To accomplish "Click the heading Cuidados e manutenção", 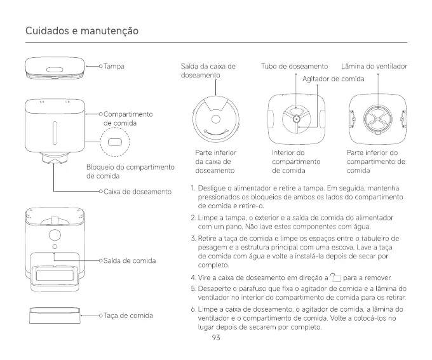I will (x=81, y=31).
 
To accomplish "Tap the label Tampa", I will (x=114, y=66).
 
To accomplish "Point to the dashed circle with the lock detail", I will (x=115, y=142).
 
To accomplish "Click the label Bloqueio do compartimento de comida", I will (x=130, y=171).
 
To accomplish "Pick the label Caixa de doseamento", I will (x=137, y=191).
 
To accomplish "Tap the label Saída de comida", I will (x=130, y=260).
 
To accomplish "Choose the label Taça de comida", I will (x=128, y=315).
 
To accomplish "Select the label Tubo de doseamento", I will (x=294, y=66).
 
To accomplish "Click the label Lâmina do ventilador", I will (x=374, y=66).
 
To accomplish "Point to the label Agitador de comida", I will (x=333, y=79).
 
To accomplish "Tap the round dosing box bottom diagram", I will (x=216, y=119).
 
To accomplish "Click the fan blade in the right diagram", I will (x=374, y=119).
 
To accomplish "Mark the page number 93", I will (x=216, y=338).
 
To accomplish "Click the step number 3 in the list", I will (x=193, y=238).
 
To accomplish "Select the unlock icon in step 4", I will (x=335, y=277).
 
